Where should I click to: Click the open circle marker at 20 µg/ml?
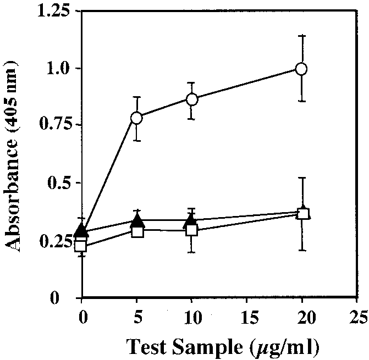coord(301,69)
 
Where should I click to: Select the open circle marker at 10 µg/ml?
coord(192,99)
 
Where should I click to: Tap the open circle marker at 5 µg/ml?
coord(136,118)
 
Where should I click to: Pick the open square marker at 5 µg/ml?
coord(137,231)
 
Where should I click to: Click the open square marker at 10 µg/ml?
coord(192,230)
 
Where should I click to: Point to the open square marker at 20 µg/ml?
coord(302,214)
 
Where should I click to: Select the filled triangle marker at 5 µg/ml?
coord(137,221)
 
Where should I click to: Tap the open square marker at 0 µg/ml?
coord(81,245)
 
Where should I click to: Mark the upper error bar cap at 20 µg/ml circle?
coord(301,36)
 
